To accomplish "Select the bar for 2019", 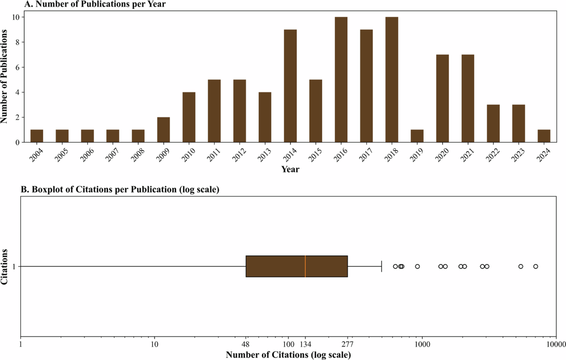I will tap(417, 136).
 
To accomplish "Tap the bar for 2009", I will tap(164, 130).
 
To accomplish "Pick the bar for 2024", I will tap(544, 136).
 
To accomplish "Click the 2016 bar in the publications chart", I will tap(341, 80).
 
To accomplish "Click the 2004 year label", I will tap(36, 153).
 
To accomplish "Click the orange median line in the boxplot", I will tap(305, 266).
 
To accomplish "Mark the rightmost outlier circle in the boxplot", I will tap(536, 267).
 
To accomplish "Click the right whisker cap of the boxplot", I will tap(381, 266).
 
